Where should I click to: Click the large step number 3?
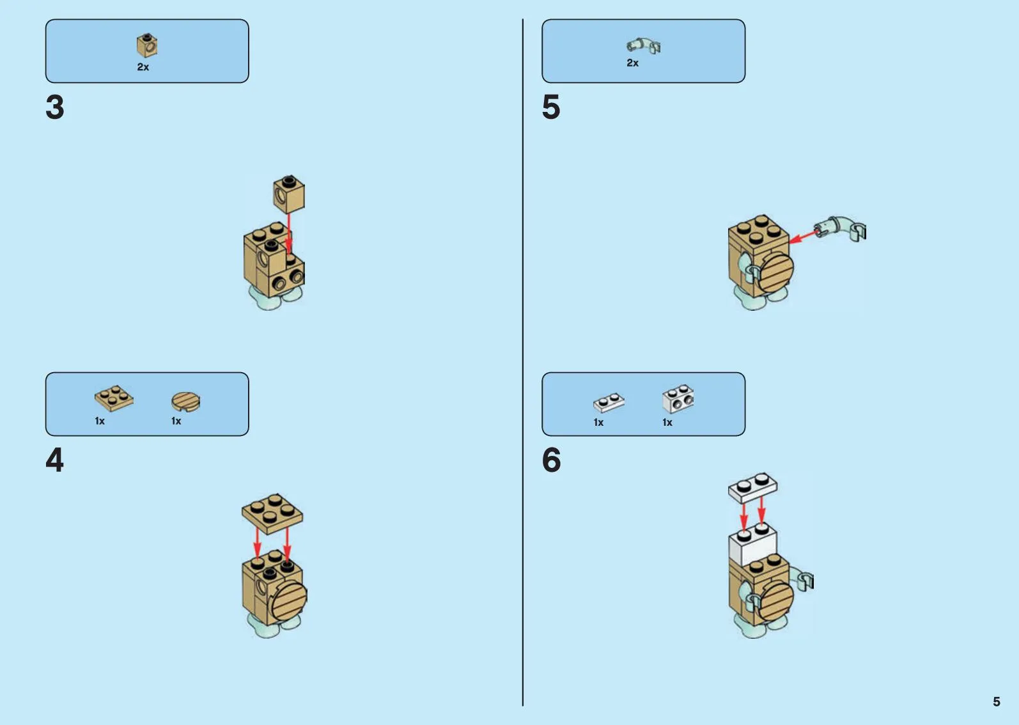point(55,107)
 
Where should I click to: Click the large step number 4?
point(54,460)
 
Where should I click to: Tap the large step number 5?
point(551,107)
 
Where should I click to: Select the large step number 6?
point(551,460)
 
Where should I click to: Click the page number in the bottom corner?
point(996,701)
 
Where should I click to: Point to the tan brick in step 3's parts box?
point(147,45)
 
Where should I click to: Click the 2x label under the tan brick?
point(143,67)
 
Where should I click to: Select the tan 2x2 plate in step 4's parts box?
point(114,398)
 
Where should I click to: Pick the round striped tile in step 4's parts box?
point(185,401)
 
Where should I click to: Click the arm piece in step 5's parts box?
point(643,45)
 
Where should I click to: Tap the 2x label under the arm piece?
point(632,63)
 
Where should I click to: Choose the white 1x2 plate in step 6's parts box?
point(609,403)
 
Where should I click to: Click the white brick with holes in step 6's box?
point(678,398)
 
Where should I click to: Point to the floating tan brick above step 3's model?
point(289,194)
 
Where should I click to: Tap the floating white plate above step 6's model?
point(753,488)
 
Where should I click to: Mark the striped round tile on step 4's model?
point(290,600)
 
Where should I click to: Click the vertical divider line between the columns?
point(523,362)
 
